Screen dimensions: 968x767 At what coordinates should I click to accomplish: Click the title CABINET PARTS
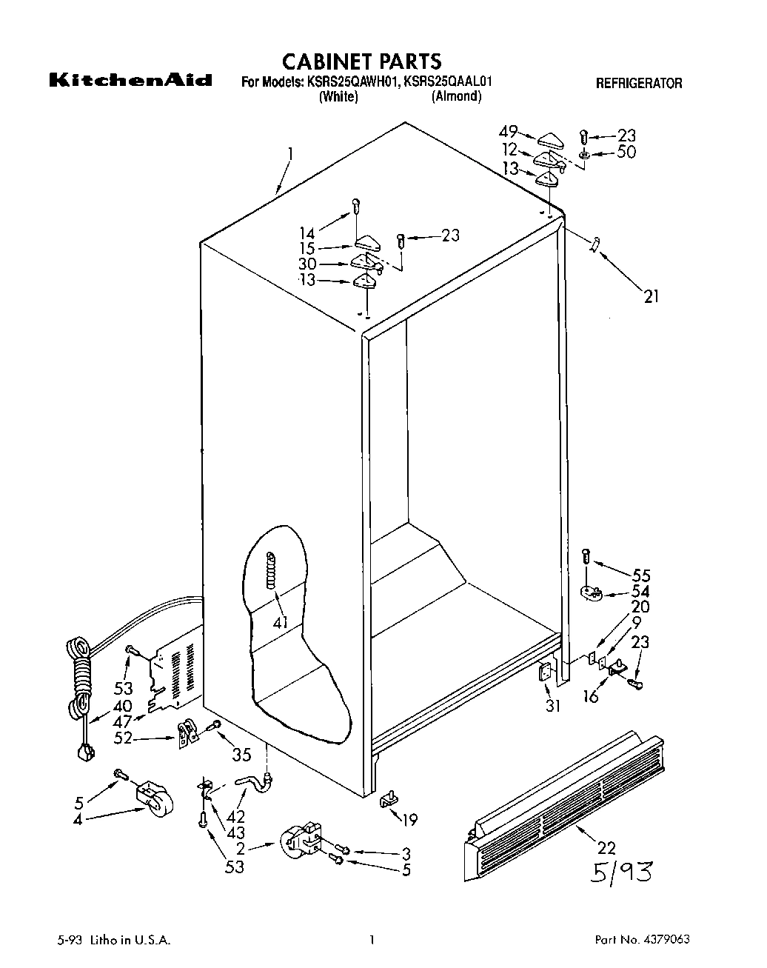(362, 61)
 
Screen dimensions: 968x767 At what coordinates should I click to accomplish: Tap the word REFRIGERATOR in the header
(639, 84)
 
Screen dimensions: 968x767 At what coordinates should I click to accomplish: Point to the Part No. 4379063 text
(643, 940)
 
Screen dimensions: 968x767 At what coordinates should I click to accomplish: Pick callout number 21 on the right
(649, 297)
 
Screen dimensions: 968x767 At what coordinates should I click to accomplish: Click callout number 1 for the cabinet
(290, 155)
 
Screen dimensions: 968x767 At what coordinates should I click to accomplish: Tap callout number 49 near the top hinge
(507, 132)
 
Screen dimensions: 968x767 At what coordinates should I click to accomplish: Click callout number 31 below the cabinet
(552, 706)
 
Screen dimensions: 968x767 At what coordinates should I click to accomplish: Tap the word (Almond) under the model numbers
(457, 97)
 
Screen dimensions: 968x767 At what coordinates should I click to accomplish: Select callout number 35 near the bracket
(242, 755)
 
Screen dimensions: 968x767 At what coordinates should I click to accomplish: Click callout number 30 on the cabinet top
(307, 264)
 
